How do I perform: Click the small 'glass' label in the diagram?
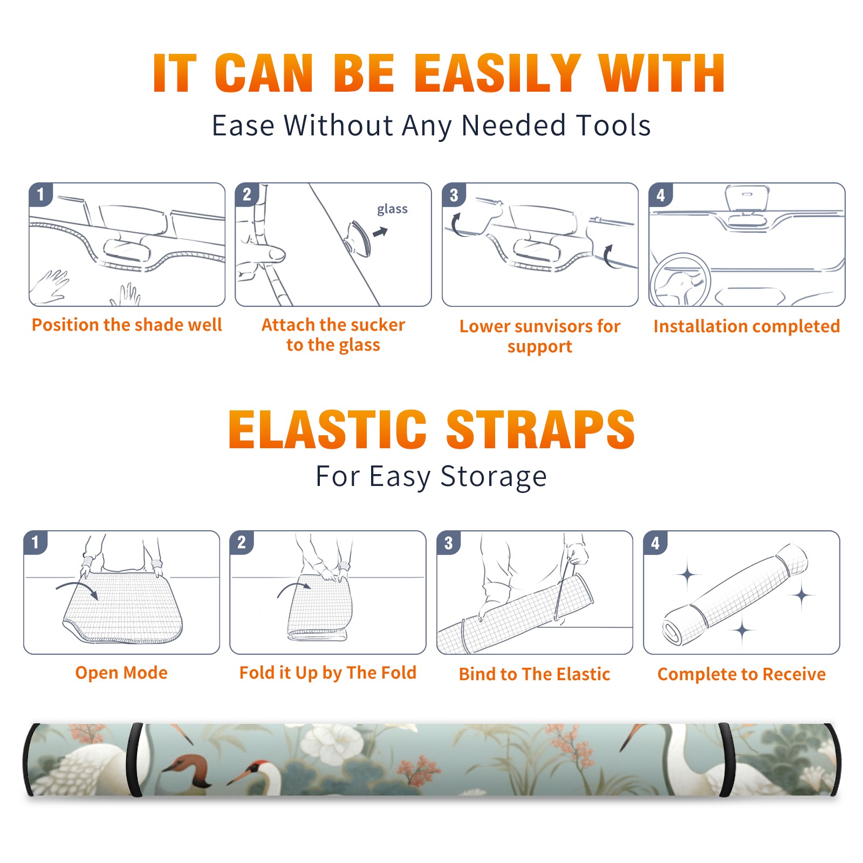pyautogui.click(x=392, y=209)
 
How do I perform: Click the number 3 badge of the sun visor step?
pyautogui.click(x=454, y=195)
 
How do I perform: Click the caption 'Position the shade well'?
pyautogui.click(x=127, y=325)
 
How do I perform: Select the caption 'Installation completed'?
pyautogui.click(x=746, y=326)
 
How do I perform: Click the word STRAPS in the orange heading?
pyautogui.click(x=540, y=429)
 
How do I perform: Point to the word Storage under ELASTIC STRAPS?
pyautogui.click(x=494, y=477)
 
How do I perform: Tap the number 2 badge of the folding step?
pyautogui.click(x=241, y=543)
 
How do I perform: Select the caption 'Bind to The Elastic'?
pyautogui.click(x=534, y=674)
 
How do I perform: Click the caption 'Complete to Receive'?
pyautogui.click(x=742, y=674)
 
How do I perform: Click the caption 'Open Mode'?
pyautogui.click(x=121, y=673)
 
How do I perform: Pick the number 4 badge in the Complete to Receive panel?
pyautogui.click(x=655, y=543)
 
